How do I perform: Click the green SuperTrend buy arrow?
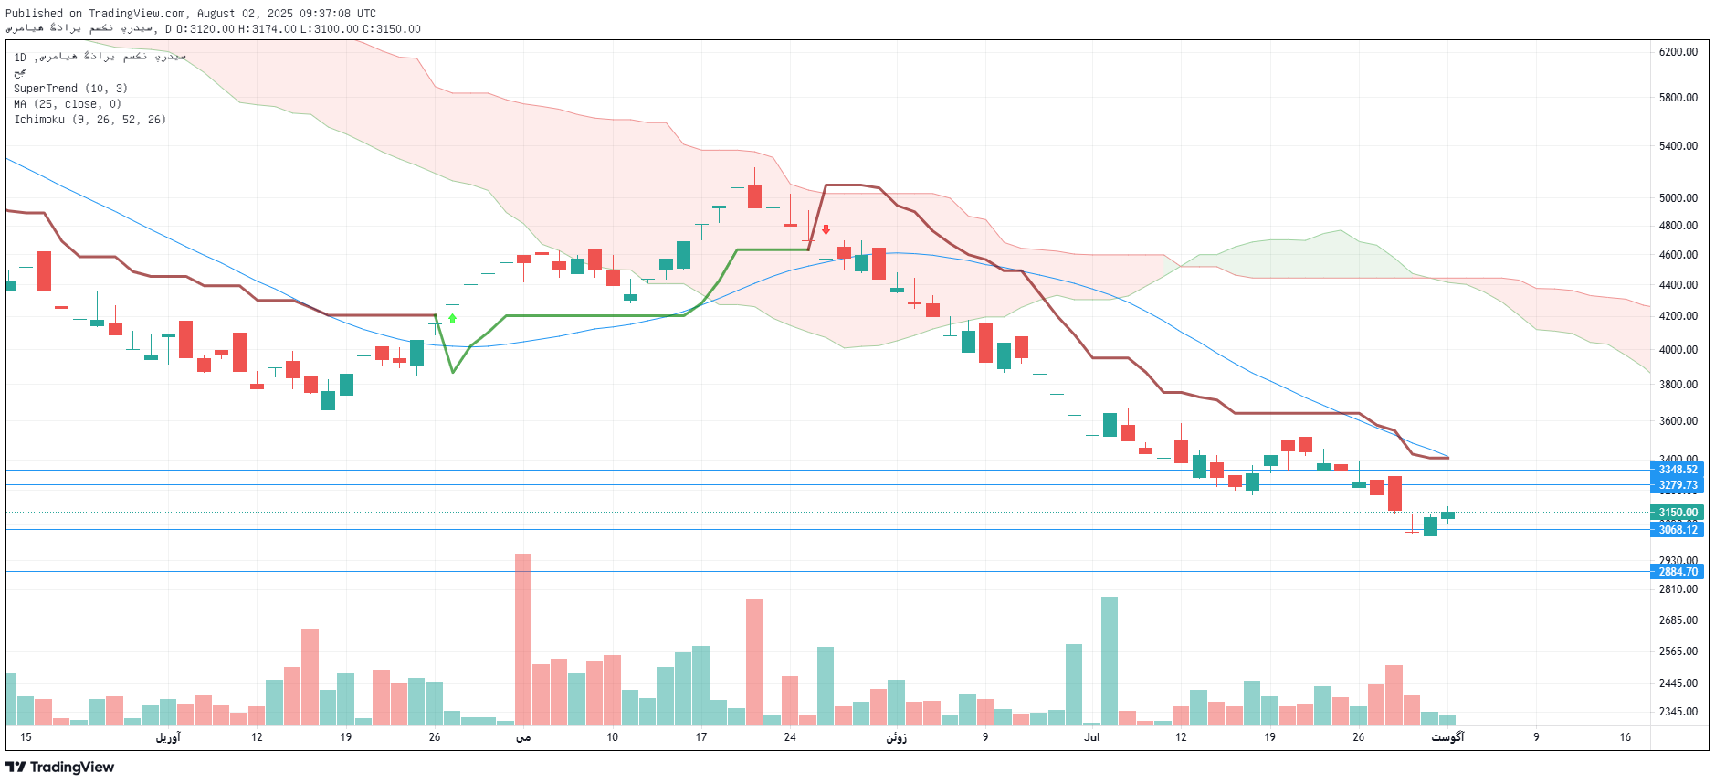coord(452,319)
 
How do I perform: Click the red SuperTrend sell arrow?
coord(826,229)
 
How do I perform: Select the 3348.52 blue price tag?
coord(1678,470)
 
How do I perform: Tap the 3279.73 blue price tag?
coord(1678,485)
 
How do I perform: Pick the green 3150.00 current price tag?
coord(1678,513)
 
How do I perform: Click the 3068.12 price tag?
coord(1678,530)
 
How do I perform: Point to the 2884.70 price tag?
coord(1678,572)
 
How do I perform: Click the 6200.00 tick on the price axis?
coord(1678,52)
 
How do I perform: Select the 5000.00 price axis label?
coord(1678,197)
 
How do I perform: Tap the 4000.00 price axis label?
coord(1678,350)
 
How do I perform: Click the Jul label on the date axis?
coord(1091,737)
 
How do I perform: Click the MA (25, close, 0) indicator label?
coord(68,104)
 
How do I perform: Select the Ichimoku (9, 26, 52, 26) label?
coord(89,120)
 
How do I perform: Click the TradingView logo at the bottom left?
coord(60,768)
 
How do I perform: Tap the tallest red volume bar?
coord(523,640)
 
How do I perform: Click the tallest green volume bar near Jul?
coord(1110,660)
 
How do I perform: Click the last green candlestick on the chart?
coord(1447,514)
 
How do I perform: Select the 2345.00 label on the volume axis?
coord(1678,712)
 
